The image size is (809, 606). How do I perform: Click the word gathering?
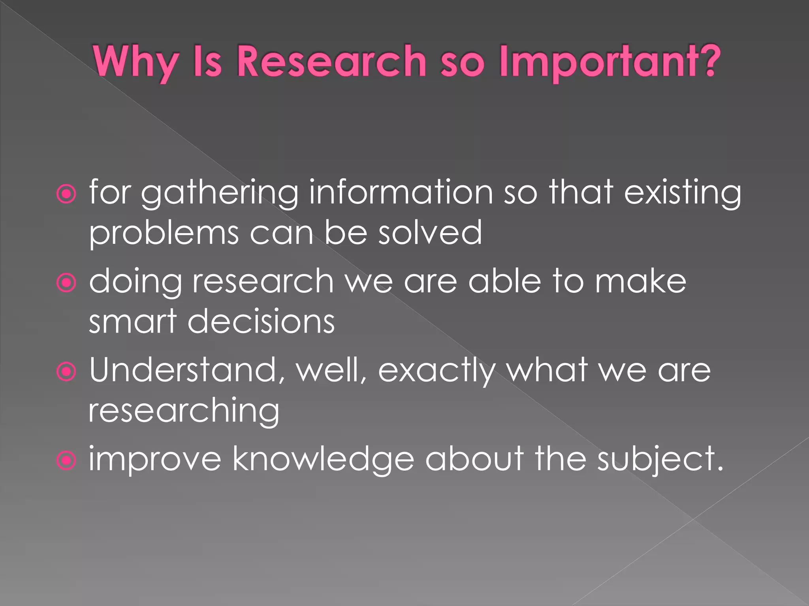(x=220, y=193)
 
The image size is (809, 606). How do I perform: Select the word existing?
(x=682, y=193)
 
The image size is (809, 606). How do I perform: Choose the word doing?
(x=135, y=282)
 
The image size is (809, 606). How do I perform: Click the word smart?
(x=133, y=321)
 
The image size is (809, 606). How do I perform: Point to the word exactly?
(x=437, y=371)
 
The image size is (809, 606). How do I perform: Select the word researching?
(x=184, y=411)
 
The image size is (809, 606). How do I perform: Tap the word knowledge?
(x=323, y=460)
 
